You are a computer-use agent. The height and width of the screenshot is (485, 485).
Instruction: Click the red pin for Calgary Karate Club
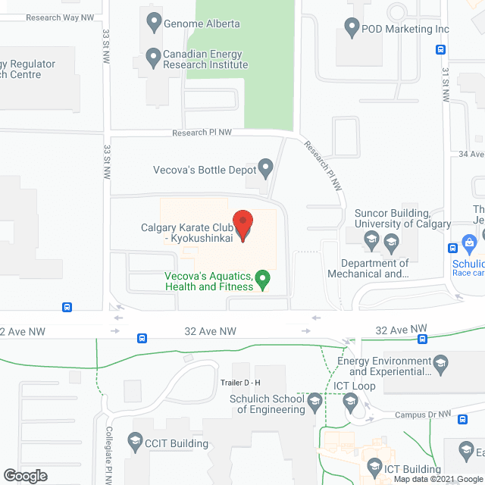242,225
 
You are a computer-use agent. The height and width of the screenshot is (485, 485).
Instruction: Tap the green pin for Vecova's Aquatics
263,279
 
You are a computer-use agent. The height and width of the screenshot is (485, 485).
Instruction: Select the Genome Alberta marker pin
154,22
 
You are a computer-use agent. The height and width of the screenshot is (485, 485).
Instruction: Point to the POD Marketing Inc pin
351,28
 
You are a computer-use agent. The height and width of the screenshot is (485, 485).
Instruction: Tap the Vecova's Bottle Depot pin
265,166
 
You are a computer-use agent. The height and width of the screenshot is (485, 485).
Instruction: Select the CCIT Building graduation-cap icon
134,442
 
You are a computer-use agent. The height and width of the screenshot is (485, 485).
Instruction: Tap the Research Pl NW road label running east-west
202,133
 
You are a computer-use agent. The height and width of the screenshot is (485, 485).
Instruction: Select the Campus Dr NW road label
423,415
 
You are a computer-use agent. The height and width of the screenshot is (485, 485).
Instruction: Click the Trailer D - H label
240,383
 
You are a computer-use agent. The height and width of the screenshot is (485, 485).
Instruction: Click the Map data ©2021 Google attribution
438,479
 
